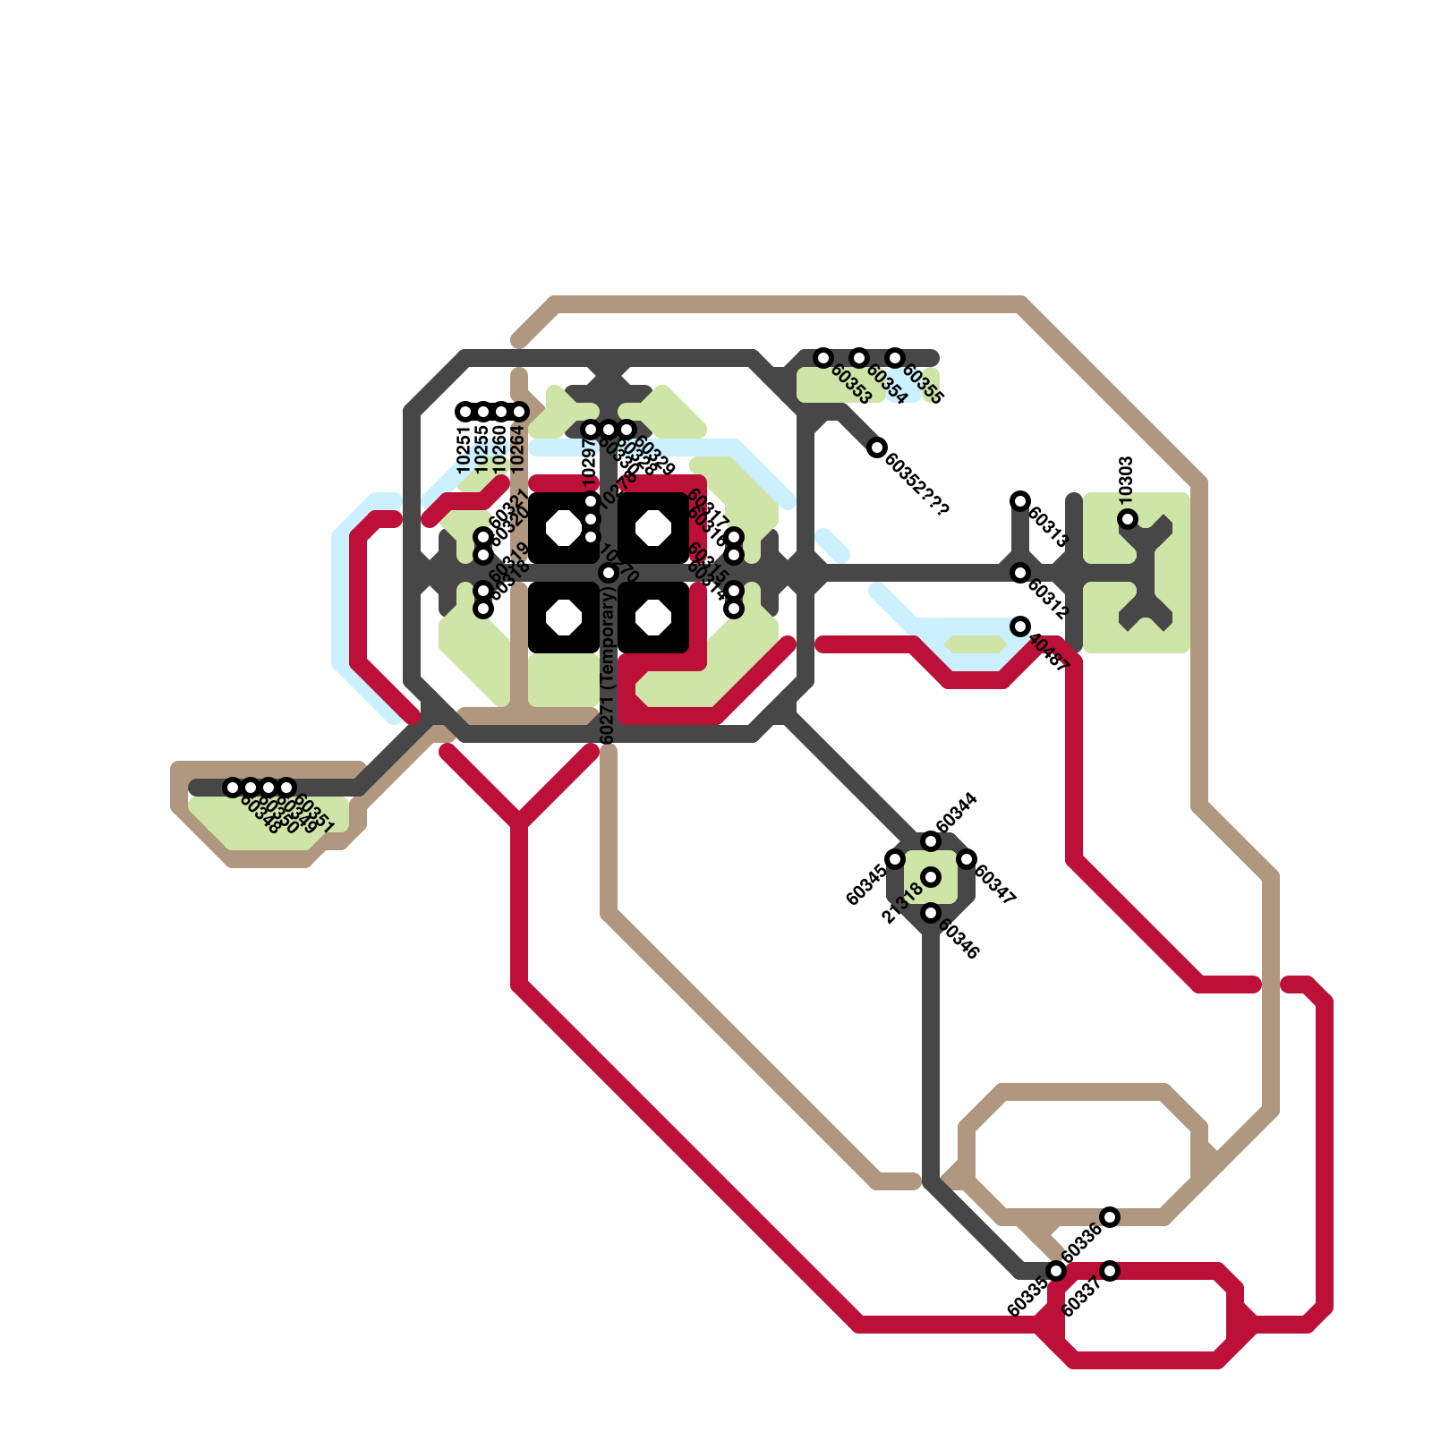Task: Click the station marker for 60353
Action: pyautogui.click(x=823, y=358)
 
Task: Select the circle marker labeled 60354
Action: pyautogui.click(x=859, y=358)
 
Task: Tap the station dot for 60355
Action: pyautogui.click(x=895, y=358)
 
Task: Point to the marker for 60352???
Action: pyautogui.click(x=877, y=447)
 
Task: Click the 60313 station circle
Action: pyautogui.click(x=1020, y=501)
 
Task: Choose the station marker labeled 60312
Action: pyautogui.click(x=1020, y=573)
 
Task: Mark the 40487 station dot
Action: pyautogui.click(x=1020, y=626)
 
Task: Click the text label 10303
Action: pyautogui.click(x=1126, y=477)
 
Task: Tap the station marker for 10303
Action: pyautogui.click(x=1128, y=519)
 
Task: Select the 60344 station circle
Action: pyautogui.click(x=931, y=841)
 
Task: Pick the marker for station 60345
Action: pyautogui.click(x=895, y=859)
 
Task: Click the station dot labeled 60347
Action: pyautogui.click(x=967, y=859)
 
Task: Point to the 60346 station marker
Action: pyautogui.click(x=931, y=913)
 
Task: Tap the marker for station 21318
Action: pyautogui.click(x=931, y=877)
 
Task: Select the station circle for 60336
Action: pyautogui.click(x=1110, y=1216)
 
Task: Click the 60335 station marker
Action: pyautogui.click(x=1056, y=1271)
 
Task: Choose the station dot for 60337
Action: pyautogui.click(x=1110, y=1271)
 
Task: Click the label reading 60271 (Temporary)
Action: pyautogui.click(x=608, y=667)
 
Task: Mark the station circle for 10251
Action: pyautogui.click(x=465, y=412)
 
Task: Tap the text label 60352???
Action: pyautogui.click(x=916, y=484)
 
